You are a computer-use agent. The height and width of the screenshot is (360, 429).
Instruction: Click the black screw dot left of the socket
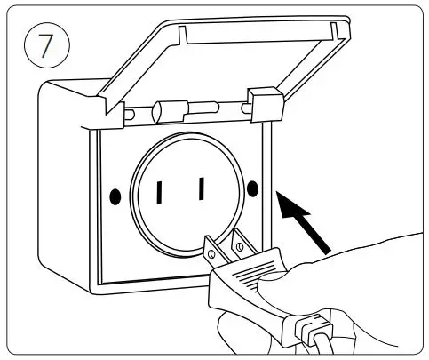[115, 193]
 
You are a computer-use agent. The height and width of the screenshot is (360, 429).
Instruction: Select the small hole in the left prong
[211, 252]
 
